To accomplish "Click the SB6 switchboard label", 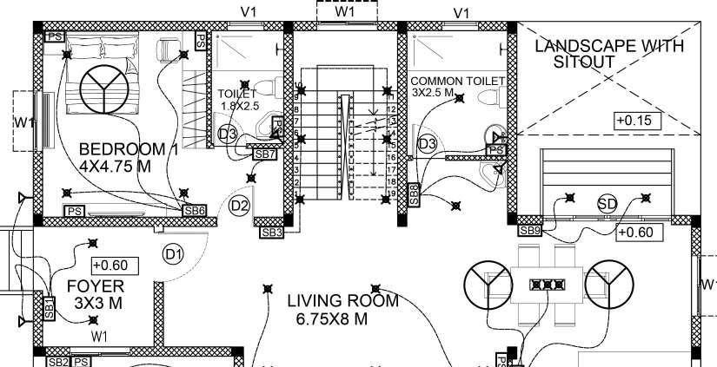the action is coord(194,210).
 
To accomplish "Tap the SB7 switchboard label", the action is coord(264,154).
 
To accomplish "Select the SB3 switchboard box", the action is coord(272,233).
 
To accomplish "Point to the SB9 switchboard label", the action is coord(530,231).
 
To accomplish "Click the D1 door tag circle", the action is coord(174,254).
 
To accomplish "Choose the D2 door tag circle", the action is coord(240,206).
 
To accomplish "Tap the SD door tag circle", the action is coord(607,204).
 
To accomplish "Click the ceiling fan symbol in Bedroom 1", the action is coord(103,89).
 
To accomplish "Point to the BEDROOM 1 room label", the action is coord(128,149).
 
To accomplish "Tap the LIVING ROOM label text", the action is coord(342,301).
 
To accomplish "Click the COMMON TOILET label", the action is coord(458,81).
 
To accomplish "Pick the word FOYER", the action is coord(96,285).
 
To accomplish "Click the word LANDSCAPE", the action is coord(579,46).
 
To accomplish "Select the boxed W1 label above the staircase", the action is coord(345,12).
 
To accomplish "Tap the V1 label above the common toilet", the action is coord(461,12).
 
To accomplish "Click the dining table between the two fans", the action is coord(548,284).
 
